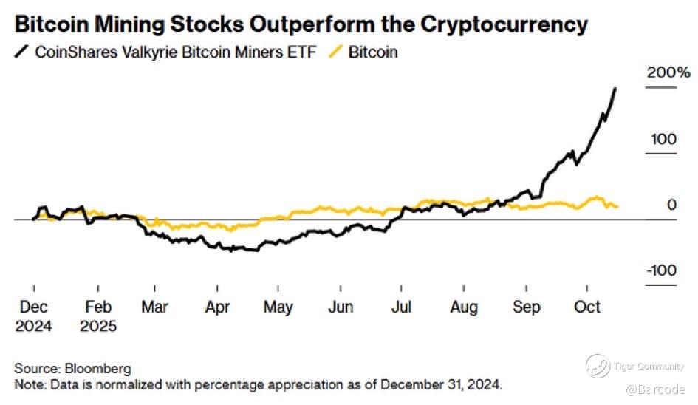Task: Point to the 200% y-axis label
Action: tap(668, 72)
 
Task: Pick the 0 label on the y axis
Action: tap(671, 205)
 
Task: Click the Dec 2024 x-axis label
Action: tap(34, 316)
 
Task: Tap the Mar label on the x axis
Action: tap(156, 307)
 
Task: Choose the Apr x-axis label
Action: tap(217, 307)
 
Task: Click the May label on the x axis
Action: tap(278, 307)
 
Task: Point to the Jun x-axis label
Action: tap(341, 307)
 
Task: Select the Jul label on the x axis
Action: tap(400, 307)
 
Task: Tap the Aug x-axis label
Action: tap(464, 307)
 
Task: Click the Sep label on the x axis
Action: tap(526, 307)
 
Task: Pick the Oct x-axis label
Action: tap(587, 307)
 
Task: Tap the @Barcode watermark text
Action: tap(656, 389)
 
